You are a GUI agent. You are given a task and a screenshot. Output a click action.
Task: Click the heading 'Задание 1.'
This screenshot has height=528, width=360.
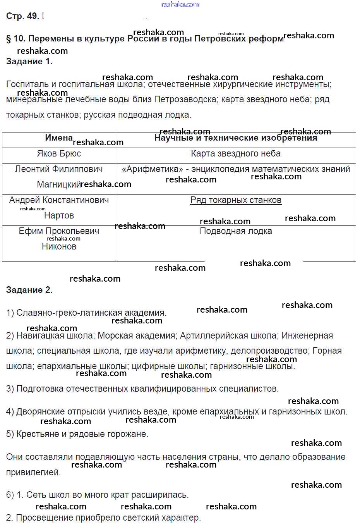click(29, 62)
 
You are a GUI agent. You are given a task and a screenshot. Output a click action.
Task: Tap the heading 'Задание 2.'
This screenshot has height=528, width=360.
click(29, 290)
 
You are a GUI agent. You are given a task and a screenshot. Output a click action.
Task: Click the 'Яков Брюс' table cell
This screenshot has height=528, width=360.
click(59, 154)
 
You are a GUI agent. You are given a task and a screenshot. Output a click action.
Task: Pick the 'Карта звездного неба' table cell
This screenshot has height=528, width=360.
click(236, 154)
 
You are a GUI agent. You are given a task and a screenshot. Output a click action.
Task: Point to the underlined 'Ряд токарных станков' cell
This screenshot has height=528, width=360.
click(236, 200)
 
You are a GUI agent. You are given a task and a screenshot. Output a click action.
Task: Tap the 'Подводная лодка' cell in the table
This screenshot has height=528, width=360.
click(236, 231)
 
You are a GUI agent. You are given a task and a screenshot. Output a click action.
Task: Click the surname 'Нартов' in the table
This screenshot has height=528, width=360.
click(59, 216)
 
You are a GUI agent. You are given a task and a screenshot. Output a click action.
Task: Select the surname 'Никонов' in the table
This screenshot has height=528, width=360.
click(59, 247)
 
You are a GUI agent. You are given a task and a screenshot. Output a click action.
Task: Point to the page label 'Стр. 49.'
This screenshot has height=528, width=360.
click(22, 16)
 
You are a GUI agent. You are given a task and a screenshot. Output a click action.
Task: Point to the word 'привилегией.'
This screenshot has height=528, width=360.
click(33, 473)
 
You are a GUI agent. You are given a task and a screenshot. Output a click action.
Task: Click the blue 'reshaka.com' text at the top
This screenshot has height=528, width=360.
click(180, 4)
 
